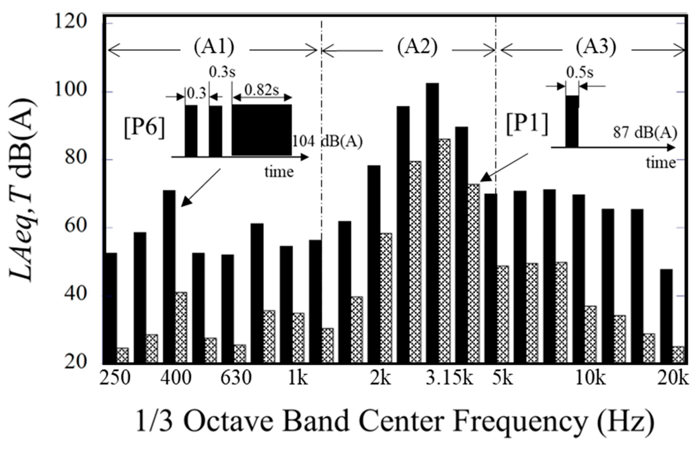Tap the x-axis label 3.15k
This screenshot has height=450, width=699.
[x=449, y=379]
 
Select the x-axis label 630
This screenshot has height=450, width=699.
[x=236, y=379]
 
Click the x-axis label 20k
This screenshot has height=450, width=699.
[x=673, y=379]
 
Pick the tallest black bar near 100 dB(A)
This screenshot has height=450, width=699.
[x=432, y=222]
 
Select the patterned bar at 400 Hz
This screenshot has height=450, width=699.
[x=181, y=327]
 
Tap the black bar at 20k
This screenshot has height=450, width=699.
[x=666, y=315]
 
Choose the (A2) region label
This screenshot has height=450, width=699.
[x=417, y=48]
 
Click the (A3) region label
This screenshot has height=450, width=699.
[x=596, y=48]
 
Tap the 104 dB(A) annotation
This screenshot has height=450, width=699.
[x=327, y=142]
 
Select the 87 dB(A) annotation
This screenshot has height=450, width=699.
[x=645, y=133]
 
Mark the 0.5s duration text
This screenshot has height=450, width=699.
[x=580, y=73]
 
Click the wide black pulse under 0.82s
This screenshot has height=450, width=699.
[x=262, y=130]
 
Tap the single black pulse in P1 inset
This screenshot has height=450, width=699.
[x=572, y=121]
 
